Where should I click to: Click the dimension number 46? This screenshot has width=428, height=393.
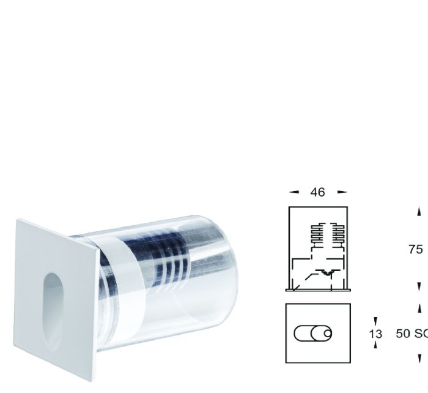click(317, 192)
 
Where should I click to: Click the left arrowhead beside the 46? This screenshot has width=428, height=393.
click(294, 192)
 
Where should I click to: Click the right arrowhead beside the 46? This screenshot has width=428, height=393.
click(342, 192)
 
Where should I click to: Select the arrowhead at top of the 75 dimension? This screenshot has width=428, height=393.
click(419, 212)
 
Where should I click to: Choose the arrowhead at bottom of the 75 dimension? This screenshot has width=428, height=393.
click(419, 286)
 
